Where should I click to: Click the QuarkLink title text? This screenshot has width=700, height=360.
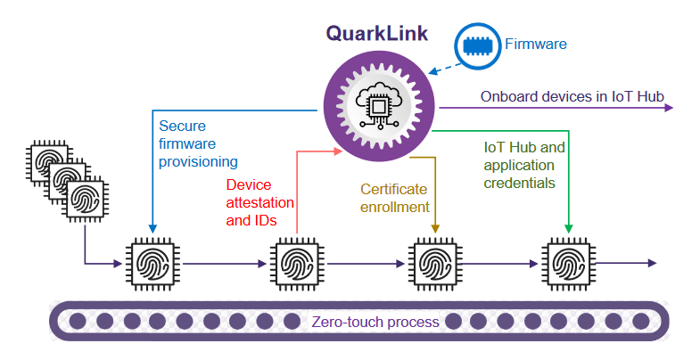[x=376, y=34]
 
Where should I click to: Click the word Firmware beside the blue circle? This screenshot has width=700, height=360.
[x=535, y=43]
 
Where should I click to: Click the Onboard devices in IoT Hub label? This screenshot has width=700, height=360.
[x=572, y=96]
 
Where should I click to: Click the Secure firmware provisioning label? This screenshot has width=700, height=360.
[x=198, y=143]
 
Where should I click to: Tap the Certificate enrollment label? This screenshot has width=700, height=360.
[x=393, y=198]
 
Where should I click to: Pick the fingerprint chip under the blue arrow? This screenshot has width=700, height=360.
[x=152, y=263]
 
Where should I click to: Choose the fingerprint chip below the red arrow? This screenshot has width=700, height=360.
[x=294, y=263]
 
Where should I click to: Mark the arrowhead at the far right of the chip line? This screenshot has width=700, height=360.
[x=653, y=263]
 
